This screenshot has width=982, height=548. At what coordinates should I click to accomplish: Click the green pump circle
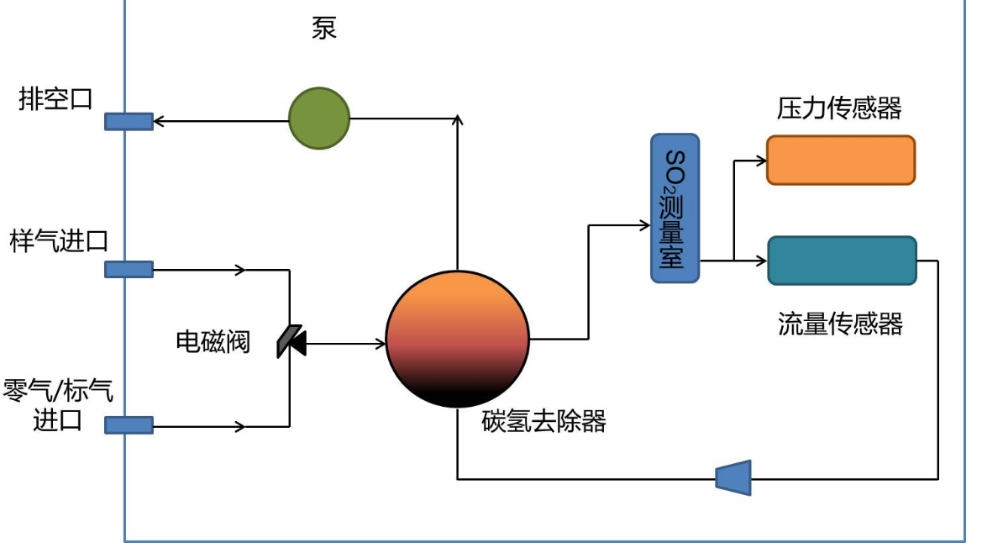[319, 119]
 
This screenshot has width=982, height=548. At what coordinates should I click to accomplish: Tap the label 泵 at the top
[324, 29]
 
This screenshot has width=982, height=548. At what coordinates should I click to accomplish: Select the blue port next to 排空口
[129, 122]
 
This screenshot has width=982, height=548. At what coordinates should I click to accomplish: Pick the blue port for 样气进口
[129, 269]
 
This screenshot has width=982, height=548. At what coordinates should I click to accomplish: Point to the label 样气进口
[59, 241]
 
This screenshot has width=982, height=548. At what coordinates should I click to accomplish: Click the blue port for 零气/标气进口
[129, 425]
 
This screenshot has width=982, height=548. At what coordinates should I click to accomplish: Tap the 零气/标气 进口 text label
[59, 404]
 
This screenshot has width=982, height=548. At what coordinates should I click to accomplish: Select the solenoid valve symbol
[291, 340]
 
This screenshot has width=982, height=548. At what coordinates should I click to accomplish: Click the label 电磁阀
[213, 341]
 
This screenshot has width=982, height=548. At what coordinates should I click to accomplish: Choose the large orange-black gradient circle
[458, 339]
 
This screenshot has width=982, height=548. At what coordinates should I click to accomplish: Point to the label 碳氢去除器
[544, 420]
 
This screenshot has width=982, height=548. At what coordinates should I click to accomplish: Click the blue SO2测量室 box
[675, 208]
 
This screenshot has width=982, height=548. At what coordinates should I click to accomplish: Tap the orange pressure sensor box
[840, 160]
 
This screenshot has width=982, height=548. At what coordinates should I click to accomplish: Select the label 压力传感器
[838, 108]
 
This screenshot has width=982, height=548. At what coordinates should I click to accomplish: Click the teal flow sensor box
[841, 261]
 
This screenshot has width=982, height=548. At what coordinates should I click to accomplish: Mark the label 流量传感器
[840, 324]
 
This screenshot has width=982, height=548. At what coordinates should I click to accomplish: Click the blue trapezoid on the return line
[733, 477]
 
